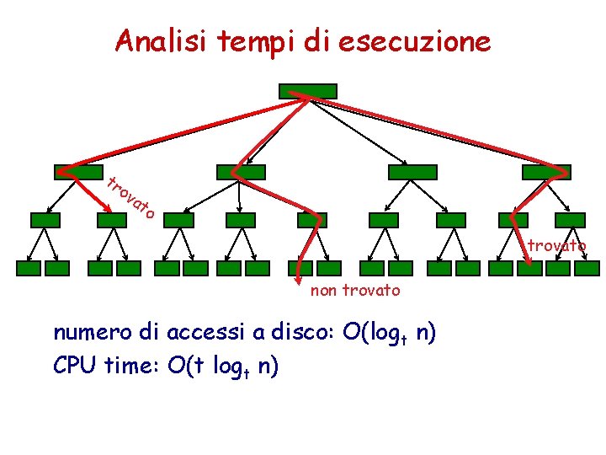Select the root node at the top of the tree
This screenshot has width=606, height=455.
[x=307, y=90]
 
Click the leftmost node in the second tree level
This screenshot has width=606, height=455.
[x=78, y=172]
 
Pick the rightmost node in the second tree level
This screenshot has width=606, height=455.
[x=546, y=172]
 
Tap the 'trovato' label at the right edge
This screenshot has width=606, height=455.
[x=556, y=246]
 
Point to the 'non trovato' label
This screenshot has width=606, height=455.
[x=355, y=291]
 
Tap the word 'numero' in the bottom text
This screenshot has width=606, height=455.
[x=85, y=332]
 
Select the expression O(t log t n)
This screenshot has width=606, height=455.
[x=224, y=367]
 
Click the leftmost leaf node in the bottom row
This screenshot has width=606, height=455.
[x=29, y=269]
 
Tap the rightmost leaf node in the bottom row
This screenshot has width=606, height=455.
[x=586, y=269]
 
